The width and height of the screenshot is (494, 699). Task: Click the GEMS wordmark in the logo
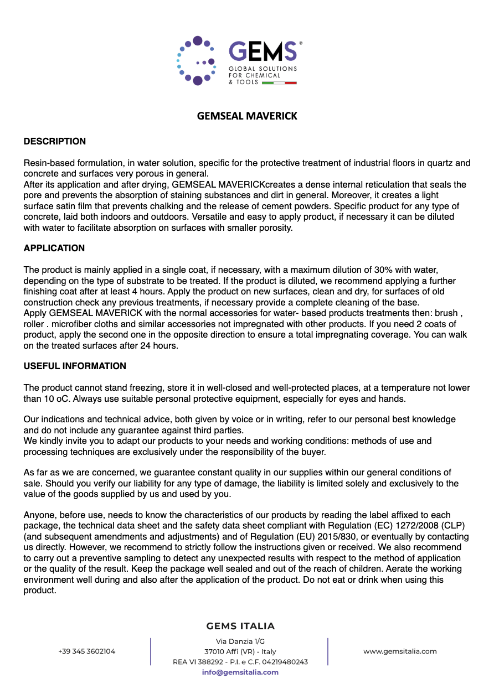coord(263,51)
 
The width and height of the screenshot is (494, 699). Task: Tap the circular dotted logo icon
coord(197,61)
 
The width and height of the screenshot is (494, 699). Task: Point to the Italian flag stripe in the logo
coord(279,82)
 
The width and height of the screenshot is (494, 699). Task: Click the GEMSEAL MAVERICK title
coord(247,116)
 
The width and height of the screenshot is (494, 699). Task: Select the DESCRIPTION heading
coord(54,142)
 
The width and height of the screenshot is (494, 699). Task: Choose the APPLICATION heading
coord(54,248)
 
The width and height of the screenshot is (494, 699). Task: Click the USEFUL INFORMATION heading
coord(75,366)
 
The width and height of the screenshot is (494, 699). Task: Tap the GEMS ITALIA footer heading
coord(240,626)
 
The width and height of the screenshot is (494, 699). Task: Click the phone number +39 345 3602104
coord(86,651)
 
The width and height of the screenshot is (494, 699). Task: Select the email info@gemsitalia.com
coord(240,672)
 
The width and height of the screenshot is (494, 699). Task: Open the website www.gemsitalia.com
coord(400,651)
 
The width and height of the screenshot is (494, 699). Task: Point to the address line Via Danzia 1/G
coord(240,641)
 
